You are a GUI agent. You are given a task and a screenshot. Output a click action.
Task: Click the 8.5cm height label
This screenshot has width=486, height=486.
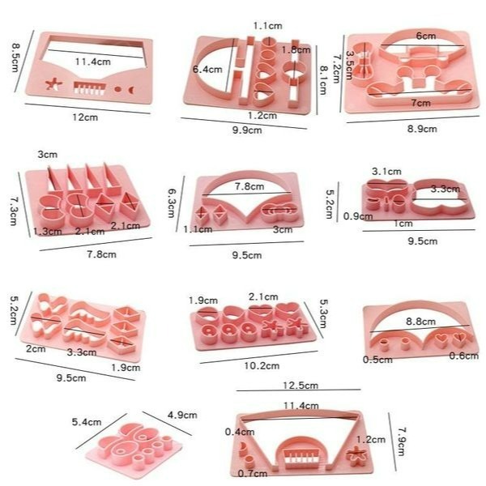pos(15,58)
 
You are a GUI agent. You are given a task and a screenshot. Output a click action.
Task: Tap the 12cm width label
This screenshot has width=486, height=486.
pos(85,117)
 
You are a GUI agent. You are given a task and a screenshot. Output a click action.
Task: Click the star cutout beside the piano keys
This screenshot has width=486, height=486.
pos(53,84)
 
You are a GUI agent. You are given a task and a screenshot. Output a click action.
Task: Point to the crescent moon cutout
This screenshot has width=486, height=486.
pos(132,90)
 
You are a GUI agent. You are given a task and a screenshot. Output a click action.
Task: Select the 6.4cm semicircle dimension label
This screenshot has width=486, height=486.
pos(207,69)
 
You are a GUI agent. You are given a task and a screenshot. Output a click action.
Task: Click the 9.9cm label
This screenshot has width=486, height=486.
pos(247,130)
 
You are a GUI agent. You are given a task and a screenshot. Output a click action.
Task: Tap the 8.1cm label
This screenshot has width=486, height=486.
pos(323,80)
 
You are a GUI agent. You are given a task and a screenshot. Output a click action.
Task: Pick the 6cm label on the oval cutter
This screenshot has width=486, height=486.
pos(426,36)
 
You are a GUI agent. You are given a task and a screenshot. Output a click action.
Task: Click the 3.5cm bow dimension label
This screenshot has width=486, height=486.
pos(350,65)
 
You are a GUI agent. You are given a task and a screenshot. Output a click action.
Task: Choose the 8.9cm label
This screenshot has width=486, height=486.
pos(422,129)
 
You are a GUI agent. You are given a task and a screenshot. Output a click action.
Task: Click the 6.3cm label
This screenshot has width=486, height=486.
pos(172,203)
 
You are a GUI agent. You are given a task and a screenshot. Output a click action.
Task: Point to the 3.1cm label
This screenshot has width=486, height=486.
pos(386,171)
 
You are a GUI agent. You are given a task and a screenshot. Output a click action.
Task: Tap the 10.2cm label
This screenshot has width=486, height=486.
pos(262,366)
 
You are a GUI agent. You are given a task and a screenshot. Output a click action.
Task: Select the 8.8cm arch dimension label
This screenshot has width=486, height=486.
pos(420,322)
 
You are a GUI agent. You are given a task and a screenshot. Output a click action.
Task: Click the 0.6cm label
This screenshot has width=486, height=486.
pos(464,356)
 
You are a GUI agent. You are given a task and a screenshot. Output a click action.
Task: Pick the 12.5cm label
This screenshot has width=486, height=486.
pos(301,386)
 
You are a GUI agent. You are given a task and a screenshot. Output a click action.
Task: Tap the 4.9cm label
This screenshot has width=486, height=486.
pos(182,415)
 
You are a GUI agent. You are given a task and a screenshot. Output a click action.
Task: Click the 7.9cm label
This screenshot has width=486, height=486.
pos(402,441)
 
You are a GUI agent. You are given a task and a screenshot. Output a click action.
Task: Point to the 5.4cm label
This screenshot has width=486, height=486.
pos(87,422)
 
